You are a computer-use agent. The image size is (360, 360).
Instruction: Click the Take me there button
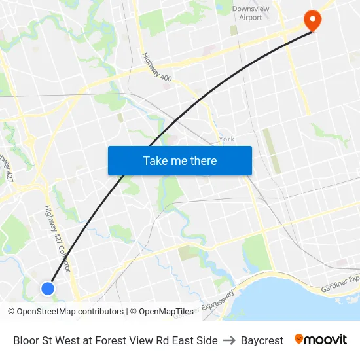pos(179,160)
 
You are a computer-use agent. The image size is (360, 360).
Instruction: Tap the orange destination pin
pos(312,20)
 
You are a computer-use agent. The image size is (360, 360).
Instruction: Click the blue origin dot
pos(47,288)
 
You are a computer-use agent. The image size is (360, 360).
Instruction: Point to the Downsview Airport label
pos(247,13)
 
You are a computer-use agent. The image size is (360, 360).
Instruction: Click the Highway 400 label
pos(156,67)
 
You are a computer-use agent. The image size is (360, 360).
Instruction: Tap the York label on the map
pos(227,139)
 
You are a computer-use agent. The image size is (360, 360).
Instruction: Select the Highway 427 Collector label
pos(57,239)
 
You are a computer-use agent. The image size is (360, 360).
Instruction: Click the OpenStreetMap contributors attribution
pos(65,312)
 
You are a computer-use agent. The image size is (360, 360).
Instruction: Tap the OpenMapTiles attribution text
pos(166,312)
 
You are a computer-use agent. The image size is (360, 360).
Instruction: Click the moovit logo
pos(321,340)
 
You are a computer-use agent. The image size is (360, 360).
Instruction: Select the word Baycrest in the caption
pos(262,340)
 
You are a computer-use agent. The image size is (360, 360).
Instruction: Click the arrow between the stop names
pos(229,340)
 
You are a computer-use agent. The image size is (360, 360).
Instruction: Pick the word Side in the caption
pos(207,340)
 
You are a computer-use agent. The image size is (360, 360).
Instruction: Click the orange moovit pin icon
pos(299,340)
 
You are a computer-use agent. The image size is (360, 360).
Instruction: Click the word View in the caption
pos(139,340)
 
